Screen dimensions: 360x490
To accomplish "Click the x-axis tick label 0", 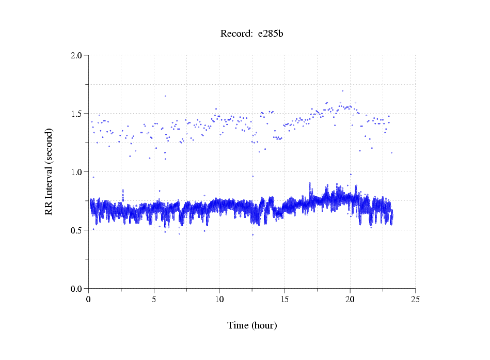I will pyautogui.click(x=89, y=299).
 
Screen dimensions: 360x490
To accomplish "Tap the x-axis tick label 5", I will pyautogui.click(x=154, y=299).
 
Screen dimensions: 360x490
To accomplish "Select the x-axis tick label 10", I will pyautogui.click(x=219, y=299).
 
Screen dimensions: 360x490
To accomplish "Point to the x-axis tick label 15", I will pyautogui.click(x=284, y=299).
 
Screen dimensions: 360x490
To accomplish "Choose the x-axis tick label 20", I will pyautogui.click(x=350, y=299).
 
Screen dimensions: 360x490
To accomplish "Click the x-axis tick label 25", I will pyautogui.click(x=415, y=299).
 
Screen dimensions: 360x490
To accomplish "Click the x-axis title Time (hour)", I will pyautogui.click(x=252, y=325).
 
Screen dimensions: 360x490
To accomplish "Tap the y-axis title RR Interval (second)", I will pyautogui.click(x=49, y=171).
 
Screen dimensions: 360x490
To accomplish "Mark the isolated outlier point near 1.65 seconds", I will pyautogui.click(x=165, y=96).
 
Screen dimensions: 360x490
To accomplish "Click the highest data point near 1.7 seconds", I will pyautogui.click(x=342, y=90).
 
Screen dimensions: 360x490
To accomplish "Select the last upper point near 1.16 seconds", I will pyautogui.click(x=391, y=153).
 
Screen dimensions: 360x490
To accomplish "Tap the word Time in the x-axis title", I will pyautogui.click(x=238, y=325).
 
